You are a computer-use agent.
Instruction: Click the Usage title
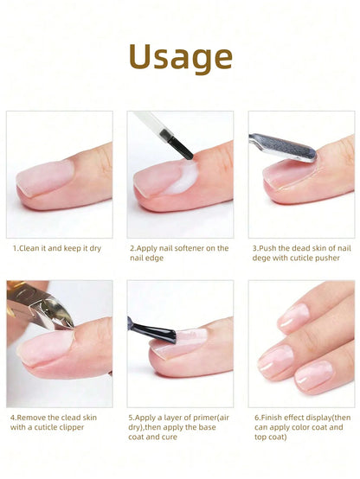[x=180, y=58]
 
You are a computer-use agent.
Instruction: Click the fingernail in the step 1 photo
[x=43, y=178]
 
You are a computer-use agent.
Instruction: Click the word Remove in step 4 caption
[x=35, y=417]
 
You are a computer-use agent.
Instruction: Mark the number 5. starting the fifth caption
[x=131, y=417]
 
